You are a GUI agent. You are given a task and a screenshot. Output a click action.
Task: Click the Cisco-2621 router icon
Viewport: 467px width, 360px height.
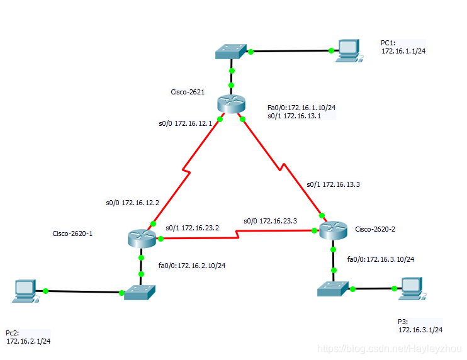[x=232, y=104]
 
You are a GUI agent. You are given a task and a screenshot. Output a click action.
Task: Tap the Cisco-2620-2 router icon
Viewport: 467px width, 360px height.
[x=332, y=231]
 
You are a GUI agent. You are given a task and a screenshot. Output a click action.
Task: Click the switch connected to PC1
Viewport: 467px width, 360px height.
[x=231, y=52]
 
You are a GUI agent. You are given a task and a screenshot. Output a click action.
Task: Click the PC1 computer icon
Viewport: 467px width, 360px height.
[x=346, y=50]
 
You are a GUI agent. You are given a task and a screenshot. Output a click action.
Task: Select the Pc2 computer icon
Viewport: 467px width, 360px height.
[x=25, y=290]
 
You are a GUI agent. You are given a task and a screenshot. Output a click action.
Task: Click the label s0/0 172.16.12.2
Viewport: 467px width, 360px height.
[x=132, y=203]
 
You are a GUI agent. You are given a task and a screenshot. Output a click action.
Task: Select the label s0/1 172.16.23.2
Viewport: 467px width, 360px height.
[x=192, y=228]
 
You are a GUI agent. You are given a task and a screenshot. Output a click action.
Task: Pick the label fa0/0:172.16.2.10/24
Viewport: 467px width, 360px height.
[x=192, y=265]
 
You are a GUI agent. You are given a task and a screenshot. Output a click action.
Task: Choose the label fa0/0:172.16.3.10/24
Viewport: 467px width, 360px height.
[x=381, y=259]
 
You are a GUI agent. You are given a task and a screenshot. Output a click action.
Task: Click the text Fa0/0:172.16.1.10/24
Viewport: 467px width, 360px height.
[x=301, y=108]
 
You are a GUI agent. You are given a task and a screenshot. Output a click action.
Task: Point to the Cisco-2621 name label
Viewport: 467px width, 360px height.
[x=188, y=92]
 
